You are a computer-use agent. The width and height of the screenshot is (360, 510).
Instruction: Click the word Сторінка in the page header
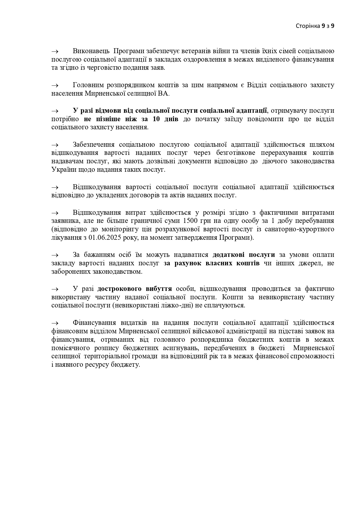307,26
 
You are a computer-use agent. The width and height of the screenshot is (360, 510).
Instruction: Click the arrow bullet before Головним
55,85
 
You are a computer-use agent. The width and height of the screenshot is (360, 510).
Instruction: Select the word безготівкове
235,153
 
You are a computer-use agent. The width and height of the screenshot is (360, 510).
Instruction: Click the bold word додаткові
228,255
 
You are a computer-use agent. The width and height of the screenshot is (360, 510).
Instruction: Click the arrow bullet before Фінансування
55,323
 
